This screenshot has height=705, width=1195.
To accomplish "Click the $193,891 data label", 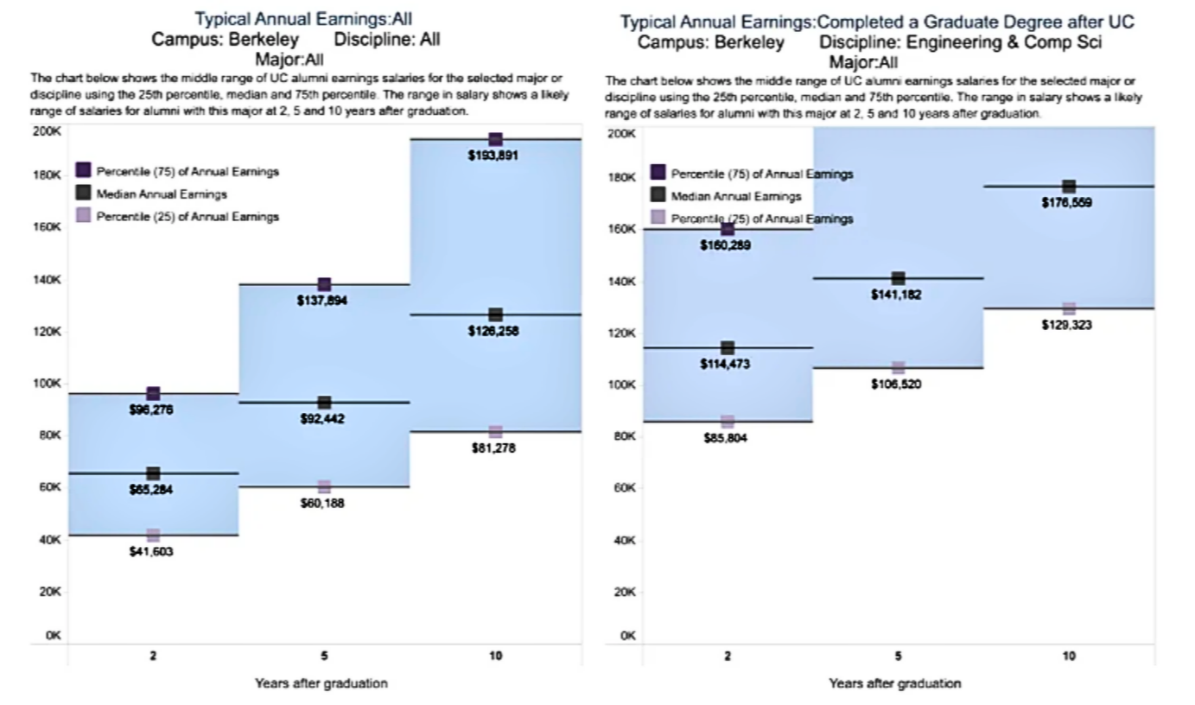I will click(x=495, y=156).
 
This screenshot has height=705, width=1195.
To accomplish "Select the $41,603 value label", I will click(x=153, y=551).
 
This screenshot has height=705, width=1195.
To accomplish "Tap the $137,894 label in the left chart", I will click(x=324, y=301).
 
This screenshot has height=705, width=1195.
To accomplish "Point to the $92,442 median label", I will click(x=324, y=419).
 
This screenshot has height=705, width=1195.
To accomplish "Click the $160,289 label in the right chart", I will click(x=726, y=245).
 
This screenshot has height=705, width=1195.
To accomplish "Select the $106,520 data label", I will click(x=897, y=384).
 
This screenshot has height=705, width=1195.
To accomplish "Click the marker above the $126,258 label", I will click(x=495, y=314).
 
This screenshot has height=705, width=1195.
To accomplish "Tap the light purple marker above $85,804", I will click(x=728, y=422).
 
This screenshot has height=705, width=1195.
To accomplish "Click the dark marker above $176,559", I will click(x=1069, y=187).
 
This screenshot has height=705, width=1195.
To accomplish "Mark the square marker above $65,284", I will click(x=154, y=473).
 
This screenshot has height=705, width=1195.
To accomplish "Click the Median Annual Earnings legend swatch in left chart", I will click(x=84, y=194).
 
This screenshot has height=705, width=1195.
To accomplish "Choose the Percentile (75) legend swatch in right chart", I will click(x=658, y=173).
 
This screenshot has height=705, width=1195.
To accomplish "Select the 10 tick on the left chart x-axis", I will click(x=495, y=657).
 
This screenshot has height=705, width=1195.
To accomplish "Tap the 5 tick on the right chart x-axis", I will click(x=898, y=657).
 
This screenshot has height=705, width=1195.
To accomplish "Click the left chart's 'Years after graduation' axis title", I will click(x=321, y=683).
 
